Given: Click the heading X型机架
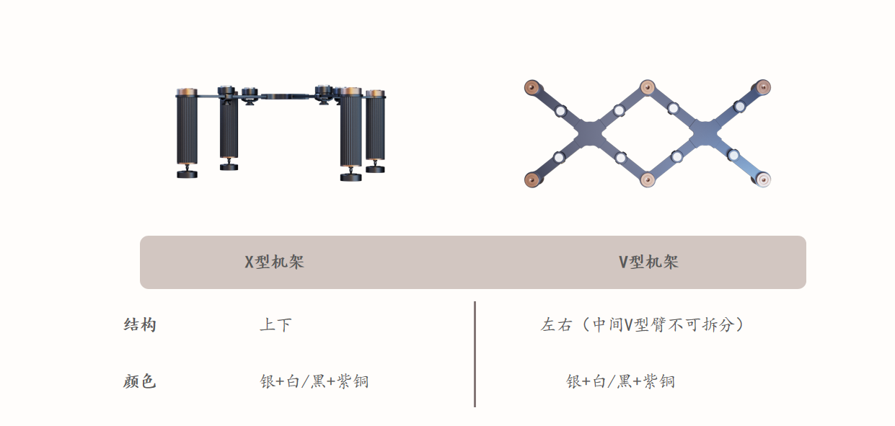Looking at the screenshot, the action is click(x=274, y=262).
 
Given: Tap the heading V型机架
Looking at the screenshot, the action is click(x=648, y=262).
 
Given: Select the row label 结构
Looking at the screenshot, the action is click(x=140, y=324).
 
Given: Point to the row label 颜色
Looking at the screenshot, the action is click(x=139, y=381).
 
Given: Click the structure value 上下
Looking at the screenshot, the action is click(x=275, y=324).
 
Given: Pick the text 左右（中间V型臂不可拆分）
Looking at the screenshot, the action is click(x=643, y=324).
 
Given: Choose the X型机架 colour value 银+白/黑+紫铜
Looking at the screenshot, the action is click(x=314, y=381).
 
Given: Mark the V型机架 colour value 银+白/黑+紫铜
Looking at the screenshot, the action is click(x=620, y=381).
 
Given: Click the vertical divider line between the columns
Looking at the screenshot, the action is click(x=475, y=355).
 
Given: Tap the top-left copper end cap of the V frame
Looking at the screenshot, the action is click(x=532, y=87).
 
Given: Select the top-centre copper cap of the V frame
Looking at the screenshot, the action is click(x=648, y=87).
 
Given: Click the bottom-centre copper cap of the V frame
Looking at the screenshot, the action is click(x=648, y=179).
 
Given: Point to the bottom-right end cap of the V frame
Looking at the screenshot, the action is click(x=763, y=179).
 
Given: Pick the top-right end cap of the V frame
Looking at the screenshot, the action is click(x=763, y=87).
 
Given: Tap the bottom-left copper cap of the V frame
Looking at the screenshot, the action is click(x=532, y=179).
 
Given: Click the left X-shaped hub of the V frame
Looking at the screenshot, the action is click(x=590, y=133).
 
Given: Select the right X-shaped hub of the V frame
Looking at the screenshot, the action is click(x=705, y=133).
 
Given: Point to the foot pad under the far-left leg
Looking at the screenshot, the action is click(x=187, y=174).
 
